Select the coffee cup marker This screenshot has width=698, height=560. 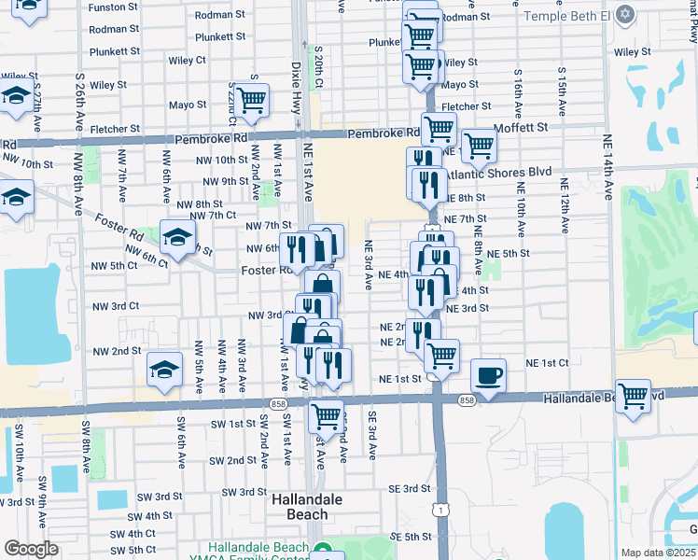pos(488,376)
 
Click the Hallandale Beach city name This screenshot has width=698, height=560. pos(300,507)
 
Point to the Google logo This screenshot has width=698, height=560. pos(31,548)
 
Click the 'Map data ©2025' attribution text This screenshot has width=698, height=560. pos(658,553)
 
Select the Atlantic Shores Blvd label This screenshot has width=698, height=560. pos(498,173)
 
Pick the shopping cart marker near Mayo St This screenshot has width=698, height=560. pos(250,101)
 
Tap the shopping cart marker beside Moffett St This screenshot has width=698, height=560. pos(479,146)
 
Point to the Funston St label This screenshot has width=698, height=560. pos(115,7)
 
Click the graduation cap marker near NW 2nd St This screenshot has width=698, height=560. pos(165,370)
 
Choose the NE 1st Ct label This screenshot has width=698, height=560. pos(547,362)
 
